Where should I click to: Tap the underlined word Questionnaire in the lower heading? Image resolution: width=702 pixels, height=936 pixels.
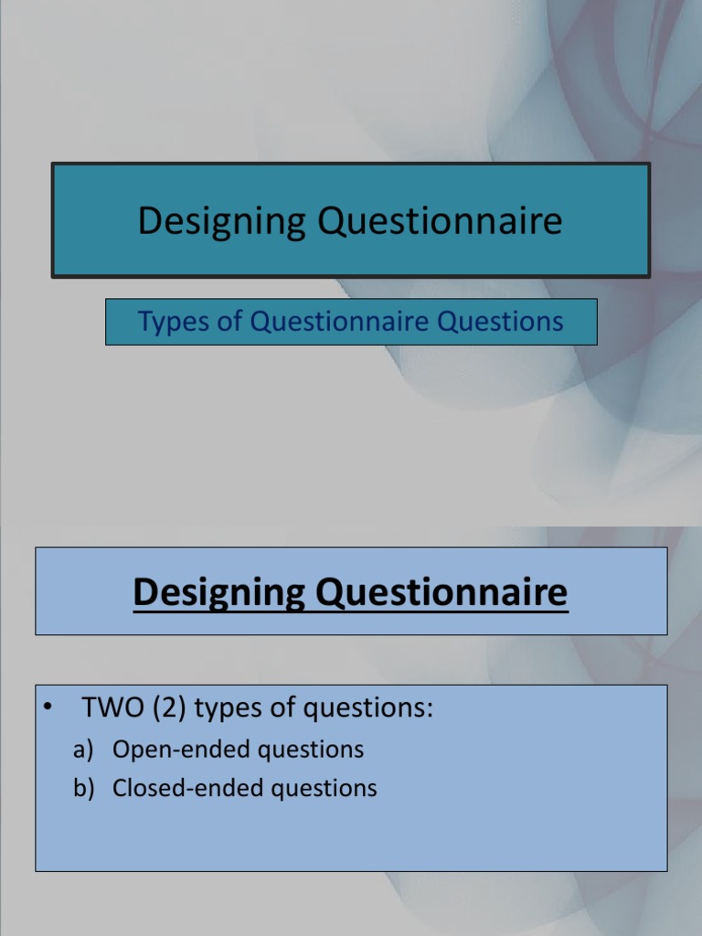pyautogui.click(x=443, y=594)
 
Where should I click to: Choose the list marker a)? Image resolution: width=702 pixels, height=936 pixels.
pyautogui.click(x=84, y=750)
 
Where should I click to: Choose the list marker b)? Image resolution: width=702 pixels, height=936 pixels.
pyautogui.click(x=84, y=789)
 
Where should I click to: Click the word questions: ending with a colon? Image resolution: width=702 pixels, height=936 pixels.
pyautogui.click(x=369, y=709)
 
